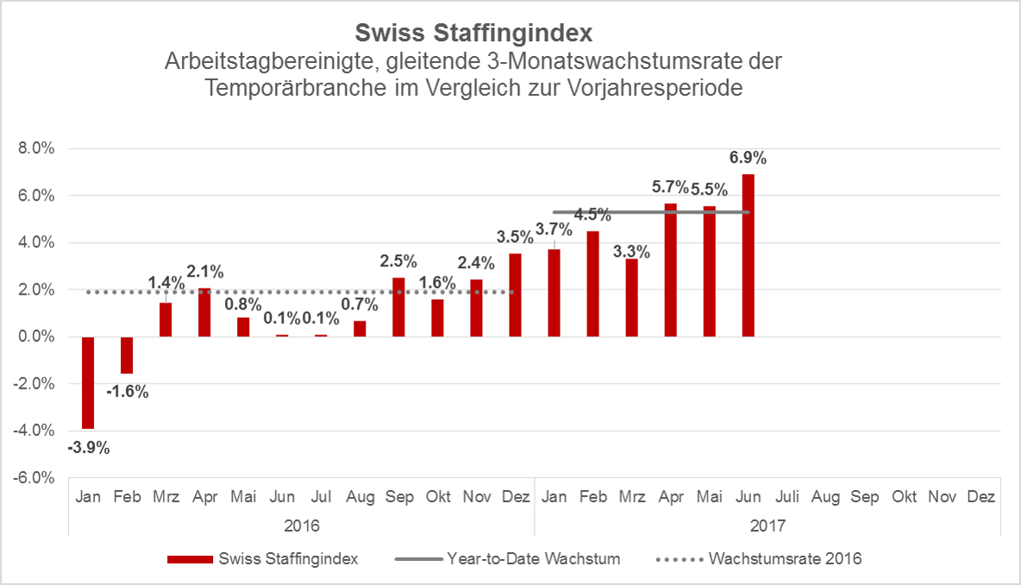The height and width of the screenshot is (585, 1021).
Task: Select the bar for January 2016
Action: [x=88, y=383]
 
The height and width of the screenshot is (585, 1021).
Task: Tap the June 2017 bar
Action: [x=749, y=255]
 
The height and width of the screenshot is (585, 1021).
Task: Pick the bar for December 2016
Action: [x=515, y=295]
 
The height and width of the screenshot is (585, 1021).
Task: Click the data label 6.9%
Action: [x=749, y=158]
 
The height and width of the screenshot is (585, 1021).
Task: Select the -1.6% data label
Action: [x=128, y=392]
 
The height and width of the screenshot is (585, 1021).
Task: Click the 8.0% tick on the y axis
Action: [x=36, y=149]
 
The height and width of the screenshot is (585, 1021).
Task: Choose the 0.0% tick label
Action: [x=36, y=337]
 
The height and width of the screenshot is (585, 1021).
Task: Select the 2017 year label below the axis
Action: [x=767, y=525]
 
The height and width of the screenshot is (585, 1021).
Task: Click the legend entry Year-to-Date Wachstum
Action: [x=534, y=558]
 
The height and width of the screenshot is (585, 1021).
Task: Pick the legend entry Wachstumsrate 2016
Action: [x=785, y=558]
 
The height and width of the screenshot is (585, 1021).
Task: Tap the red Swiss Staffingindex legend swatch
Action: [x=189, y=559]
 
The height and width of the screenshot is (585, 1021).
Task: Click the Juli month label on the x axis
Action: [x=786, y=498]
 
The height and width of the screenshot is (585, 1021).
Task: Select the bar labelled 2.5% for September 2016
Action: [x=398, y=307]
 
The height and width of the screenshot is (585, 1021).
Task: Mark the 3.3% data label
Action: [x=632, y=252]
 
